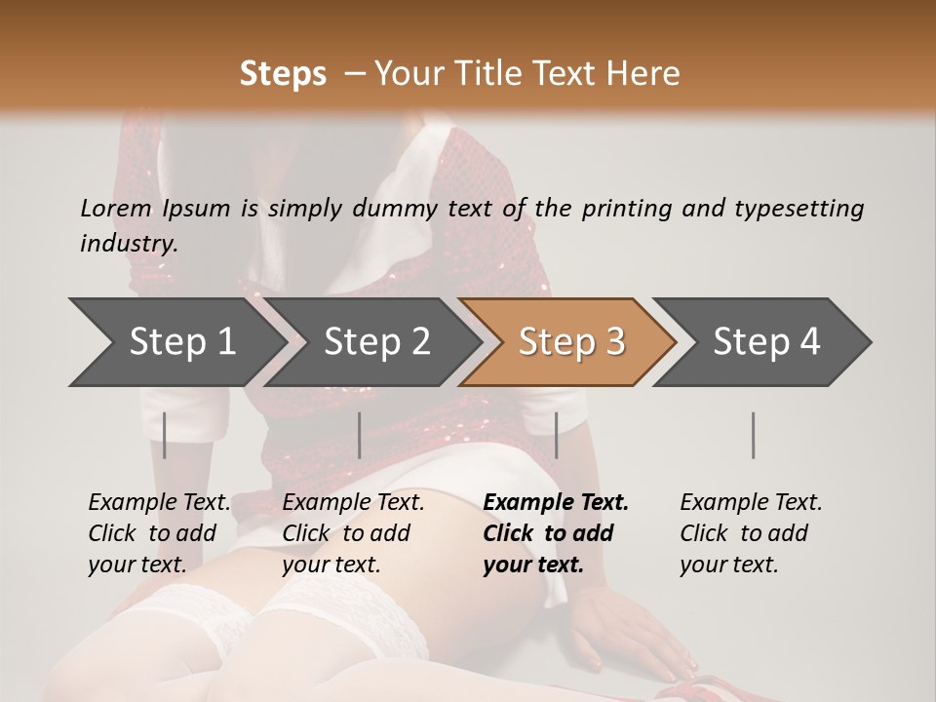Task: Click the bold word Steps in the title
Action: [x=283, y=74]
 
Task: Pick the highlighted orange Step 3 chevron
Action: [x=571, y=342]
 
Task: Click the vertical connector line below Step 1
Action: [x=165, y=435]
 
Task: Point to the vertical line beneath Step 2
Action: [x=360, y=435]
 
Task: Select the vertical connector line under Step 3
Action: [x=557, y=435]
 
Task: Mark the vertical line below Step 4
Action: [x=753, y=435]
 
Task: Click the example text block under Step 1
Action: [x=159, y=533]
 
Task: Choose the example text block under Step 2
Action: [x=353, y=533]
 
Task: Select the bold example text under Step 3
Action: [x=556, y=533]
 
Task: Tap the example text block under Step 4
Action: [x=751, y=533]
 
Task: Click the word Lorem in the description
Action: [x=116, y=209]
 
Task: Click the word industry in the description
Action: [x=129, y=244]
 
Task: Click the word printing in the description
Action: [x=623, y=209]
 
